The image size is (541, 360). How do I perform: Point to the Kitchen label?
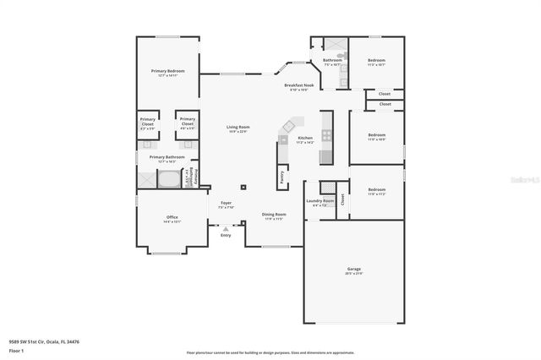(305, 139)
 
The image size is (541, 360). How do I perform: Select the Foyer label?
(226, 205)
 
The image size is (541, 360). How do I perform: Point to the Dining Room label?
(274, 215)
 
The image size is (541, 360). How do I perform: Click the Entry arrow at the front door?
(226, 228)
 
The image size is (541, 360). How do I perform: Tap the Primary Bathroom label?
(167, 158)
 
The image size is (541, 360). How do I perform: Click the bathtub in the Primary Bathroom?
(167, 178)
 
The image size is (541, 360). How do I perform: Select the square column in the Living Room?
(243, 188)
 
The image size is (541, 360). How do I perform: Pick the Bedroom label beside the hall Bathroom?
(376, 62)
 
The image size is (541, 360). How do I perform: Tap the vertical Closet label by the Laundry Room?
(342, 199)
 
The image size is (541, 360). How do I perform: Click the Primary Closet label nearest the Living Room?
(187, 123)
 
